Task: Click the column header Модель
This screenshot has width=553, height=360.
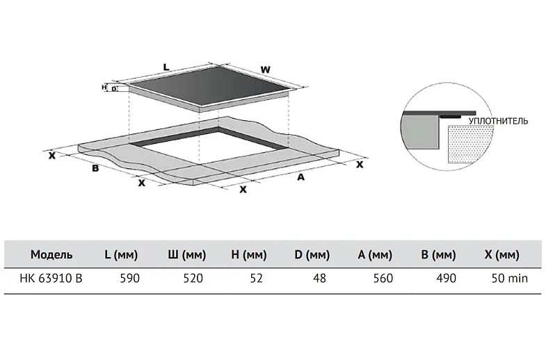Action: point(51,254)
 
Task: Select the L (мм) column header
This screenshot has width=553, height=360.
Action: point(121,254)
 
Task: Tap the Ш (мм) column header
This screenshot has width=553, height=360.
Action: point(186,254)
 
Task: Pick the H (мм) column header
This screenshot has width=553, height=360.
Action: point(248,254)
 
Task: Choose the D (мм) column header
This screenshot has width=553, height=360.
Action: point(312,254)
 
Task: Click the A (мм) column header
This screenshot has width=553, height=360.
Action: point(375,254)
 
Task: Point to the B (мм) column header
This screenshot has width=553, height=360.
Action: point(438,254)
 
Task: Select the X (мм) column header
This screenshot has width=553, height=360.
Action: point(502,254)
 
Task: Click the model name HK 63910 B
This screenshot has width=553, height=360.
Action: point(51,278)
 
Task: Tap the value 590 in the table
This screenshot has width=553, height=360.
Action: point(130,278)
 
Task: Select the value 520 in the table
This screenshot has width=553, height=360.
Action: point(193,278)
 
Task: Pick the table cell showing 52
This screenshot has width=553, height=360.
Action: point(257,278)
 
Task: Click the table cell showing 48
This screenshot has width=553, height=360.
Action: point(319,278)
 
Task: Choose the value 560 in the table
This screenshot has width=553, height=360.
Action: point(383,278)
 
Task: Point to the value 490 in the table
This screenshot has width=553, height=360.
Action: point(446,278)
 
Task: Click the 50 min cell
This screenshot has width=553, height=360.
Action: point(510,278)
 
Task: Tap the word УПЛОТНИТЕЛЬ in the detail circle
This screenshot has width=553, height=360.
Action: point(498,121)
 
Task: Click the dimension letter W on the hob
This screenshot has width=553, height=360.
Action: point(265,69)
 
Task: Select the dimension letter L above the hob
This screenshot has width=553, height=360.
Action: point(166,67)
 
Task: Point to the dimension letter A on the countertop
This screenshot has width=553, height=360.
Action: point(300,177)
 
